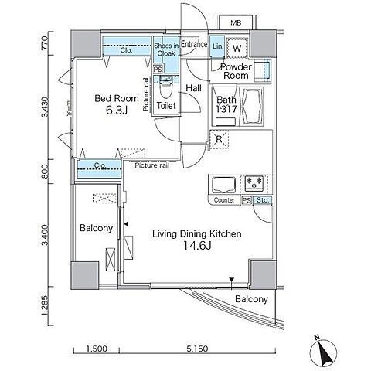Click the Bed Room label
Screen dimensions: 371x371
pyautogui.click(x=117, y=98)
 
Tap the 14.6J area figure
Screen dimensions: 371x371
pyautogui.click(x=197, y=246)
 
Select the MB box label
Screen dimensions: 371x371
pyautogui.click(x=236, y=23)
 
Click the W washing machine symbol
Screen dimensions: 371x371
pyautogui.click(x=237, y=48)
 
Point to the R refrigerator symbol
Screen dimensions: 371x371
pyautogui.click(x=219, y=139)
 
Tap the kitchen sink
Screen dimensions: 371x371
pyautogui.click(x=223, y=185)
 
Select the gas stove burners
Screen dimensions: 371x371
pyautogui.click(x=254, y=183)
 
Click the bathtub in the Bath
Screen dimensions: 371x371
pyautogui.click(x=251, y=107)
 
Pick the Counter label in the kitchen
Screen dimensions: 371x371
pyautogui.click(x=224, y=200)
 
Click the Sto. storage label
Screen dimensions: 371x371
pyautogui.click(x=262, y=200)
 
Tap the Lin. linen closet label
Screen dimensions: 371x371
pyautogui.click(x=218, y=46)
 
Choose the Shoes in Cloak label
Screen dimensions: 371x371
pyautogui.click(x=166, y=49)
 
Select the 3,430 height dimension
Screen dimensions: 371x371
pyautogui.click(x=45, y=107)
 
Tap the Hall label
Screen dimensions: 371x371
pyautogui.click(x=193, y=88)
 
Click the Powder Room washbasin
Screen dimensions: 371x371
pyautogui.click(x=263, y=70)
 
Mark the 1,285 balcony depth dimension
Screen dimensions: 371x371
pyautogui.click(x=45, y=305)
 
